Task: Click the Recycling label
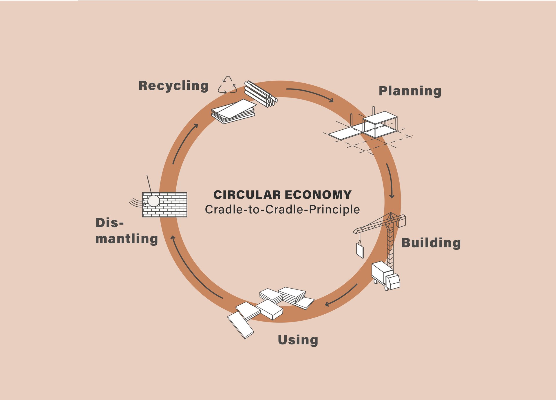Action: pyautogui.click(x=173, y=86)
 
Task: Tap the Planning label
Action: pyautogui.click(x=410, y=91)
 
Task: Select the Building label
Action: pyautogui.click(x=431, y=243)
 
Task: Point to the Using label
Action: pyautogui.click(x=298, y=340)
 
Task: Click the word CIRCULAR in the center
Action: pyautogui.click(x=247, y=195)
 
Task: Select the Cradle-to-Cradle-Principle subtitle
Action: pyautogui.click(x=282, y=210)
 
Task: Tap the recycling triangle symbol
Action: pyautogui.click(x=227, y=85)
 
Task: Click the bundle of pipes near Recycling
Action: pyautogui.click(x=261, y=93)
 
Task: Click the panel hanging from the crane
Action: pyautogui.click(x=360, y=251)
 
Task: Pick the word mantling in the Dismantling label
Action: pyautogui.click(x=127, y=239)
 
